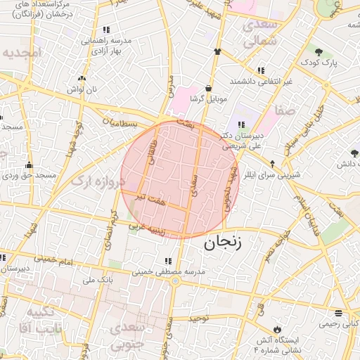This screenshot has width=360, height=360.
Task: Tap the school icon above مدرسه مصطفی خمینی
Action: [x=167, y=262]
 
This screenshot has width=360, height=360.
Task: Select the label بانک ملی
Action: [x=98, y=280]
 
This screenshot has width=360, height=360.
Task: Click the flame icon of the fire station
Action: [x=276, y=329]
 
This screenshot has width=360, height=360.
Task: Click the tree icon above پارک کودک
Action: [x=319, y=52]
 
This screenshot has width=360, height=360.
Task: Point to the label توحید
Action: [x=199, y=319]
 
